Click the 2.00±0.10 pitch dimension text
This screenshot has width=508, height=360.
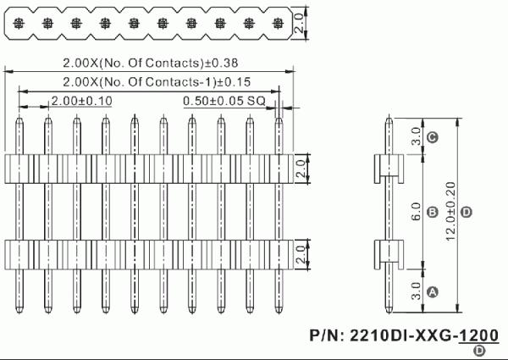pyautogui.click(x=80, y=101)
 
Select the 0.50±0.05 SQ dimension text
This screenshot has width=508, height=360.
pyautogui.click(x=224, y=101)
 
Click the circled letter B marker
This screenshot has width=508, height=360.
pyautogui.click(x=432, y=211)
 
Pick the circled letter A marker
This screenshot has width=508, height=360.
pyautogui.click(x=432, y=291)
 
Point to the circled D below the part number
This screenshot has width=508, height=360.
pyautogui.click(x=480, y=351)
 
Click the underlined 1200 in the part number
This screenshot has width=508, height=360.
pyautogui.click(x=480, y=335)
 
